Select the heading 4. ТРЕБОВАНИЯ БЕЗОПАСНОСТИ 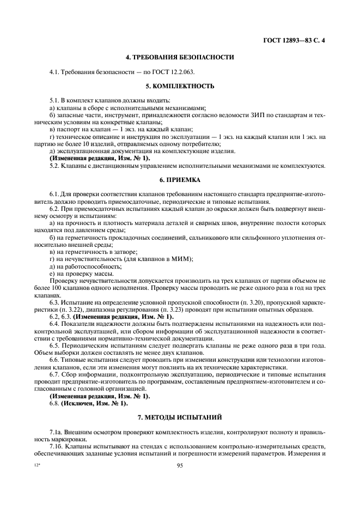coord(180,57)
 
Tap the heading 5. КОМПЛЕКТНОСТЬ coord(180,86)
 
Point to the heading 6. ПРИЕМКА coord(180,179)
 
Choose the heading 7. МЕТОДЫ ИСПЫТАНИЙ coord(180,417)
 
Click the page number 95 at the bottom coord(180,465)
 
